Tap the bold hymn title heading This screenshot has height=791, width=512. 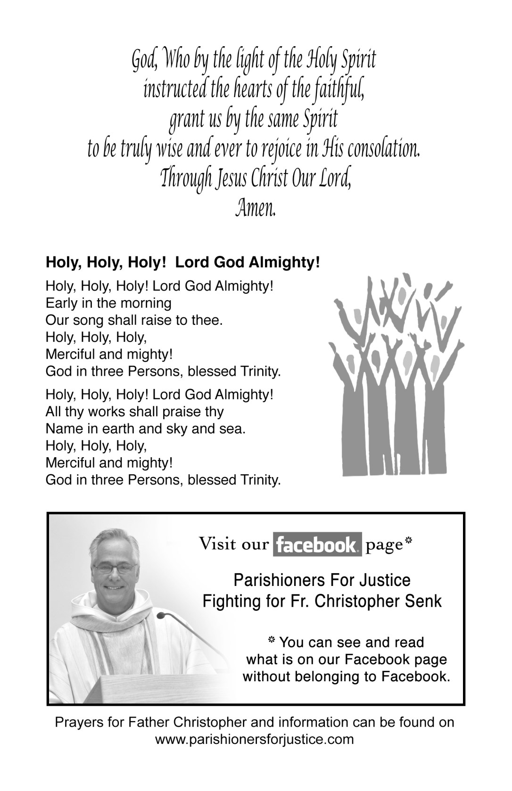pyautogui.click(x=183, y=263)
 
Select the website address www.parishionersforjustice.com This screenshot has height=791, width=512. pyautogui.click(x=255, y=739)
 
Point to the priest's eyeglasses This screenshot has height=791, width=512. pyautogui.click(x=115, y=569)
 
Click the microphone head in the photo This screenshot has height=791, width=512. pyautogui.click(x=162, y=615)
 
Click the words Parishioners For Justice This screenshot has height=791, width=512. pyautogui.click(x=322, y=579)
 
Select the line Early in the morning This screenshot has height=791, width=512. pyautogui.click(x=108, y=303)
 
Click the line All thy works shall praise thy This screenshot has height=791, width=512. pyautogui.click(x=134, y=412)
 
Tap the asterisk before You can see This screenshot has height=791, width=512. pyautogui.click(x=272, y=641)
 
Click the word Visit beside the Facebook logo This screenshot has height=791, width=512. pyautogui.click(x=217, y=544)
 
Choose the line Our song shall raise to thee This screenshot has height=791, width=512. pyautogui.click(x=133, y=320)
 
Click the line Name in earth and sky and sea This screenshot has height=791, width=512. pyautogui.click(x=145, y=429)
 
